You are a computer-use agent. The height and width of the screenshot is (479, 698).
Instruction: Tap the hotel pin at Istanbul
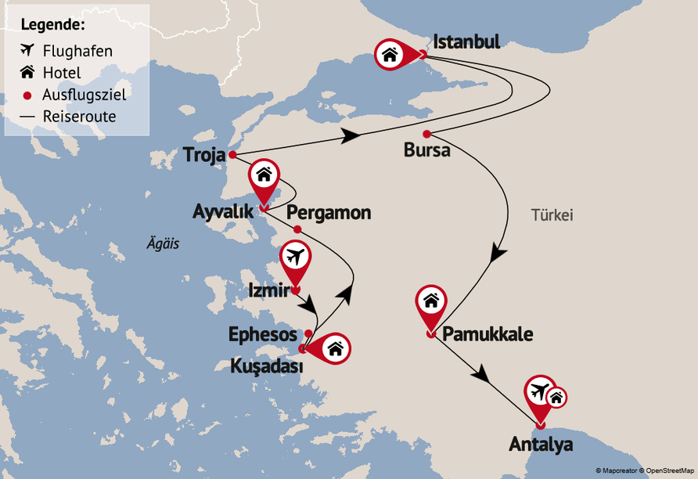click(390, 54)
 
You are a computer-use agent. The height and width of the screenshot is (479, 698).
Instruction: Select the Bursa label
click(426, 149)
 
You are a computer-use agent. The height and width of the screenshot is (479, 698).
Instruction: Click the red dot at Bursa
click(426, 132)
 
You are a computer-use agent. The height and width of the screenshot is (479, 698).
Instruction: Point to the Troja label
click(203, 154)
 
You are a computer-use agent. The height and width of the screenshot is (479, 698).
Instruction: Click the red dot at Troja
click(232, 154)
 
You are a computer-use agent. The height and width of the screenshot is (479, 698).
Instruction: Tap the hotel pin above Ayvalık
click(264, 175)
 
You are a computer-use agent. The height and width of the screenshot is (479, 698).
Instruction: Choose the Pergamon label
click(329, 213)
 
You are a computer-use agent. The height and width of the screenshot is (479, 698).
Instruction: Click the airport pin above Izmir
click(295, 257)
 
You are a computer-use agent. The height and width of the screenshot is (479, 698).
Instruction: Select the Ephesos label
click(262, 334)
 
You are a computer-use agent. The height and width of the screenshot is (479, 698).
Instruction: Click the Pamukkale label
click(488, 335)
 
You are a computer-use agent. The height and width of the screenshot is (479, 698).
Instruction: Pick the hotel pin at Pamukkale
click(430, 301)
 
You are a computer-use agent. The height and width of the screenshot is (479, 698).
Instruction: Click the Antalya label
click(541, 445)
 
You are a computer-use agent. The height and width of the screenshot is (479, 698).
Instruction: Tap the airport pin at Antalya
click(539, 391)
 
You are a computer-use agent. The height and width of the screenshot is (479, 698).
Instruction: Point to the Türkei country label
click(552, 214)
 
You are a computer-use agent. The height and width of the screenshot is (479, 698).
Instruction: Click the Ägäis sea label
click(163, 243)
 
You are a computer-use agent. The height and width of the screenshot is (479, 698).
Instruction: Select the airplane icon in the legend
click(27, 51)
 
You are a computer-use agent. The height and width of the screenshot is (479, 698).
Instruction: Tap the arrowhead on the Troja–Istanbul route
click(350, 136)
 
